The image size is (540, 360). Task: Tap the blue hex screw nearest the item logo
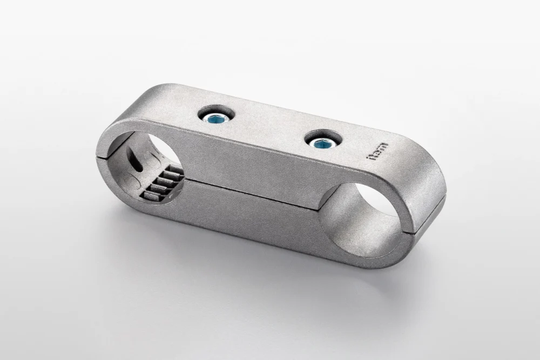click(323, 142)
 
